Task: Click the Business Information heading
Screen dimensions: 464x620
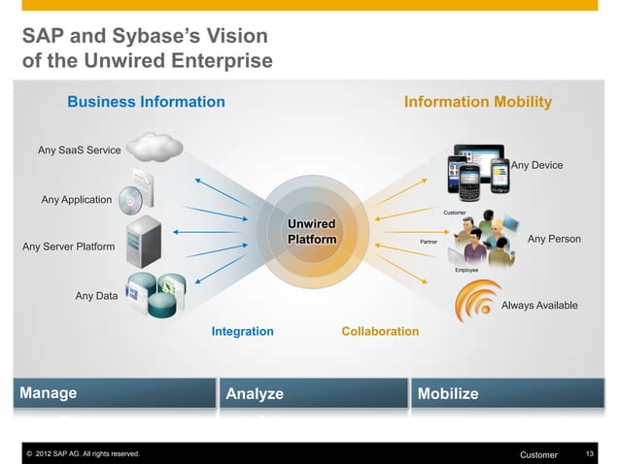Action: coord(146,102)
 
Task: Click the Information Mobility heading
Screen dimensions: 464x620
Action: coord(477,102)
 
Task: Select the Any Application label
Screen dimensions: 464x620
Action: coord(77,200)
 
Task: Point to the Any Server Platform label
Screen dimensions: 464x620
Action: coord(68,247)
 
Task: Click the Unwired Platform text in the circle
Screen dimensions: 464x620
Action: coord(311,232)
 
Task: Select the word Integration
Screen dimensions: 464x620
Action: coord(242,332)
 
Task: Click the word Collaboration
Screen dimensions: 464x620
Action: coord(380,332)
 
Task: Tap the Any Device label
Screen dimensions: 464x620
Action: coord(536,166)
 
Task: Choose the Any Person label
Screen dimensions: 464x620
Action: coord(553,239)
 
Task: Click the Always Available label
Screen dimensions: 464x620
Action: coord(538,306)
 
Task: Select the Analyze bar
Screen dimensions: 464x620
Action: coord(311,393)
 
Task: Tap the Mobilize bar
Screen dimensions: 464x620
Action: coord(510,393)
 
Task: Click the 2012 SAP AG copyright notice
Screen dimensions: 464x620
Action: coord(83,454)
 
